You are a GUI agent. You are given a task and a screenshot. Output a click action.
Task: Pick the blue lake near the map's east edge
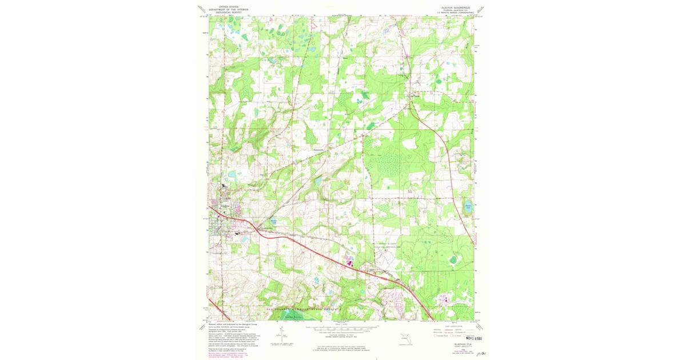pos(468,207)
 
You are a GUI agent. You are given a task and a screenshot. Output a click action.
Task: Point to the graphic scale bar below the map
pos(342,329)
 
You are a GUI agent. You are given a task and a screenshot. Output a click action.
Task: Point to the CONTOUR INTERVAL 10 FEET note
pos(342,334)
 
